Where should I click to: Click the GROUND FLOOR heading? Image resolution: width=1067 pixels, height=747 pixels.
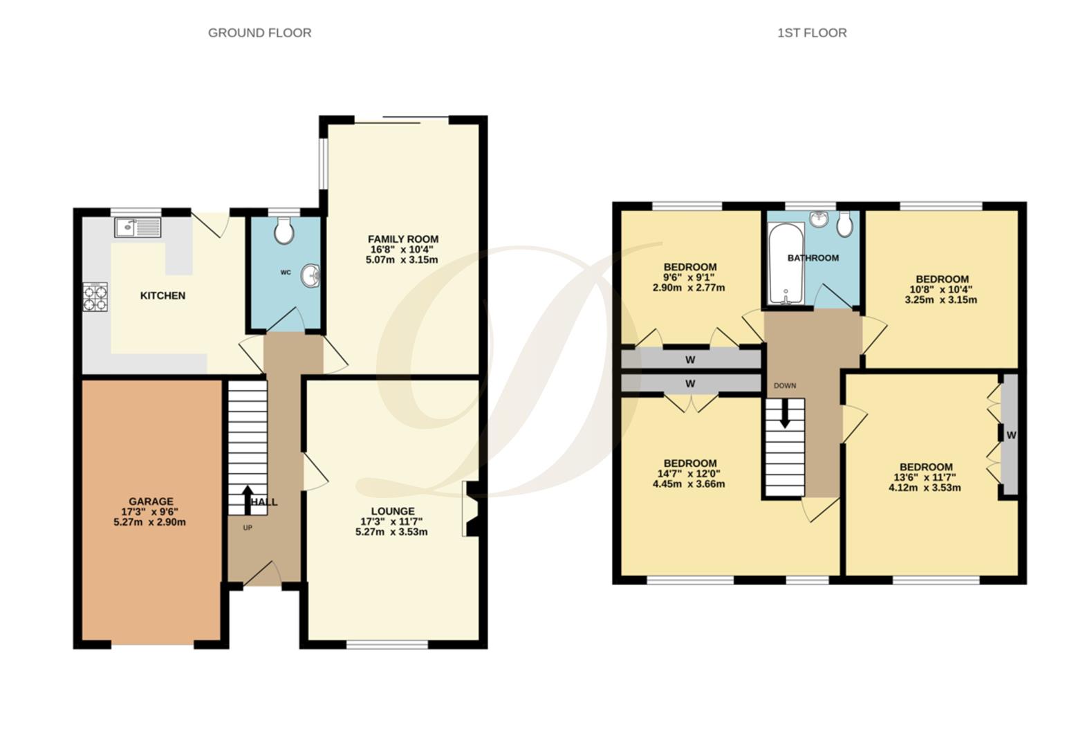pyautogui.click(x=259, y=33)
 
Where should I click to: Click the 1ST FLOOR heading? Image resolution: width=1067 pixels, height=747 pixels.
pyautogui.click(x=811, y=33)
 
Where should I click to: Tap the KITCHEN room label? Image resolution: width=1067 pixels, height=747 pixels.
pyautogui.click(x=163, y=295)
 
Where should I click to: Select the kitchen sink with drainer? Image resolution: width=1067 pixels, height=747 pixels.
pyautogui.click(x=138, y=228)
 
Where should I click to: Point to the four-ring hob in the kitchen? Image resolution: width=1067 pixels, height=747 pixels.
pyautogui.click(x=95, y=297)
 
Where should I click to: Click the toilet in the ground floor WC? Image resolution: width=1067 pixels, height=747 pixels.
pyautogui.click(x=284, y=231)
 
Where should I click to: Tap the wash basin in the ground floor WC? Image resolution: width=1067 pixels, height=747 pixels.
pyautogui.click(x=311, y=275)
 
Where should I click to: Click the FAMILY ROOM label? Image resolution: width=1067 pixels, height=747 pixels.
pyautogui.click(x=402, y=239)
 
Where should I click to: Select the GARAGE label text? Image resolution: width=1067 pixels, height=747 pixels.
pyautogui.click(x=151, y=501)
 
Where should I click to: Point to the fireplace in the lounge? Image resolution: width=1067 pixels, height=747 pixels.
pyautogui.click(x=471, y=509)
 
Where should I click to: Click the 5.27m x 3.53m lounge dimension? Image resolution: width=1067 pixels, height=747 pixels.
pyautogui.click(x=391, y=532)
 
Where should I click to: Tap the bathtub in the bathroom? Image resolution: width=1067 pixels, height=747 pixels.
pyautogui.click(x=786, y=264)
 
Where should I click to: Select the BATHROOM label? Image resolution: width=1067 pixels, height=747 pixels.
pyautogui.click(x=813, y=258)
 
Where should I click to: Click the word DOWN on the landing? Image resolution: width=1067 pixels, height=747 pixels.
pyautogui.click(x=785, y=386)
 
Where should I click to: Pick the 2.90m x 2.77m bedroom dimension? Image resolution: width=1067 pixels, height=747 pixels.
pyautogui.click(x=689, y=288)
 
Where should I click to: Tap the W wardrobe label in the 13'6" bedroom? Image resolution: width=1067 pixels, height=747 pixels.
pyautogui.click(x=1011, y=435)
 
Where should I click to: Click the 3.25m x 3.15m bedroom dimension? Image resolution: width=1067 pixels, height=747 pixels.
pyautogui.click(x=940, y=300)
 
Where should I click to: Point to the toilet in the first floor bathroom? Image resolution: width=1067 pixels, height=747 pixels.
pyautogui.click(x=844, y=223)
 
